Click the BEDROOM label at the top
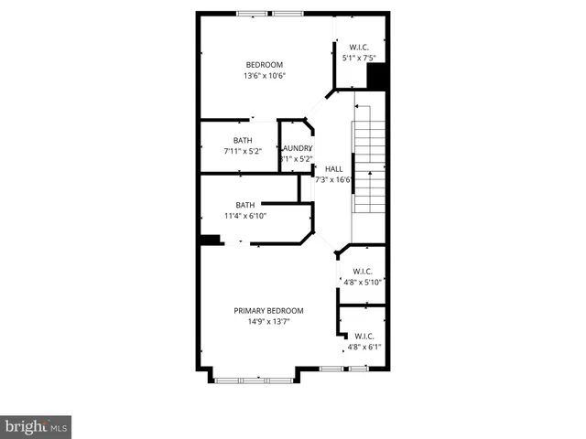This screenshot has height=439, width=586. pyautogui.click(x=264, y=64)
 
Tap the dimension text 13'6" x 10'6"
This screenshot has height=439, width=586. pyautogui.click(x=264, y=76)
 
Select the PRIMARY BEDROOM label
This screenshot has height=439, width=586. pyautogui.click(x=268, y=311)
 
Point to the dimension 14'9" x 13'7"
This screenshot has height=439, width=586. pyautogui.click(x=268, y=322)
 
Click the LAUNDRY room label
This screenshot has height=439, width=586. pyautogui.click(x=297, y=148)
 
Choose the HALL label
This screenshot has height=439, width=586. pyautogui.click(x=333, y=168)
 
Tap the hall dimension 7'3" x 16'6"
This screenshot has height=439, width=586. pyautogui.click(x=334, y=180)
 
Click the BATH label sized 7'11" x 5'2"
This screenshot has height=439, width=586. pyautogui.click(x=243, y=140)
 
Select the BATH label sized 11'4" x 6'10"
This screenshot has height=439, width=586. pyautogui.click(x=245, y=205)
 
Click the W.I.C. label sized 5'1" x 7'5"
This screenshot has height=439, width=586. pyautogui.click(x=359, y=47)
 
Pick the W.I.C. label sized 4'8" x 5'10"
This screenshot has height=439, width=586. pyautogui.click(x=362, y=271)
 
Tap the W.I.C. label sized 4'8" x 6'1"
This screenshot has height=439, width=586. pyautogui.click(x=364, y=336)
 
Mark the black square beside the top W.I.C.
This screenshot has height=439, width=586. pyautogui.click(x=376, y=76)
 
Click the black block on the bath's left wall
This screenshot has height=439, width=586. pyautogui.click(x=211, y=241)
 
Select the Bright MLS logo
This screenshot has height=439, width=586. pyautogui.click(x=37, y=426)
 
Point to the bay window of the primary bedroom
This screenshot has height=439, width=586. pyautogui.click(x=252, y=375)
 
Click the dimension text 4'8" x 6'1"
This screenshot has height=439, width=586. pyautogui.click(x=364, y=347)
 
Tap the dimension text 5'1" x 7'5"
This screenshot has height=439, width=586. pyautogui.click(x=359, y=58)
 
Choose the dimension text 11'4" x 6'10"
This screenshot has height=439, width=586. pyautogui.click(x=245, y=216)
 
